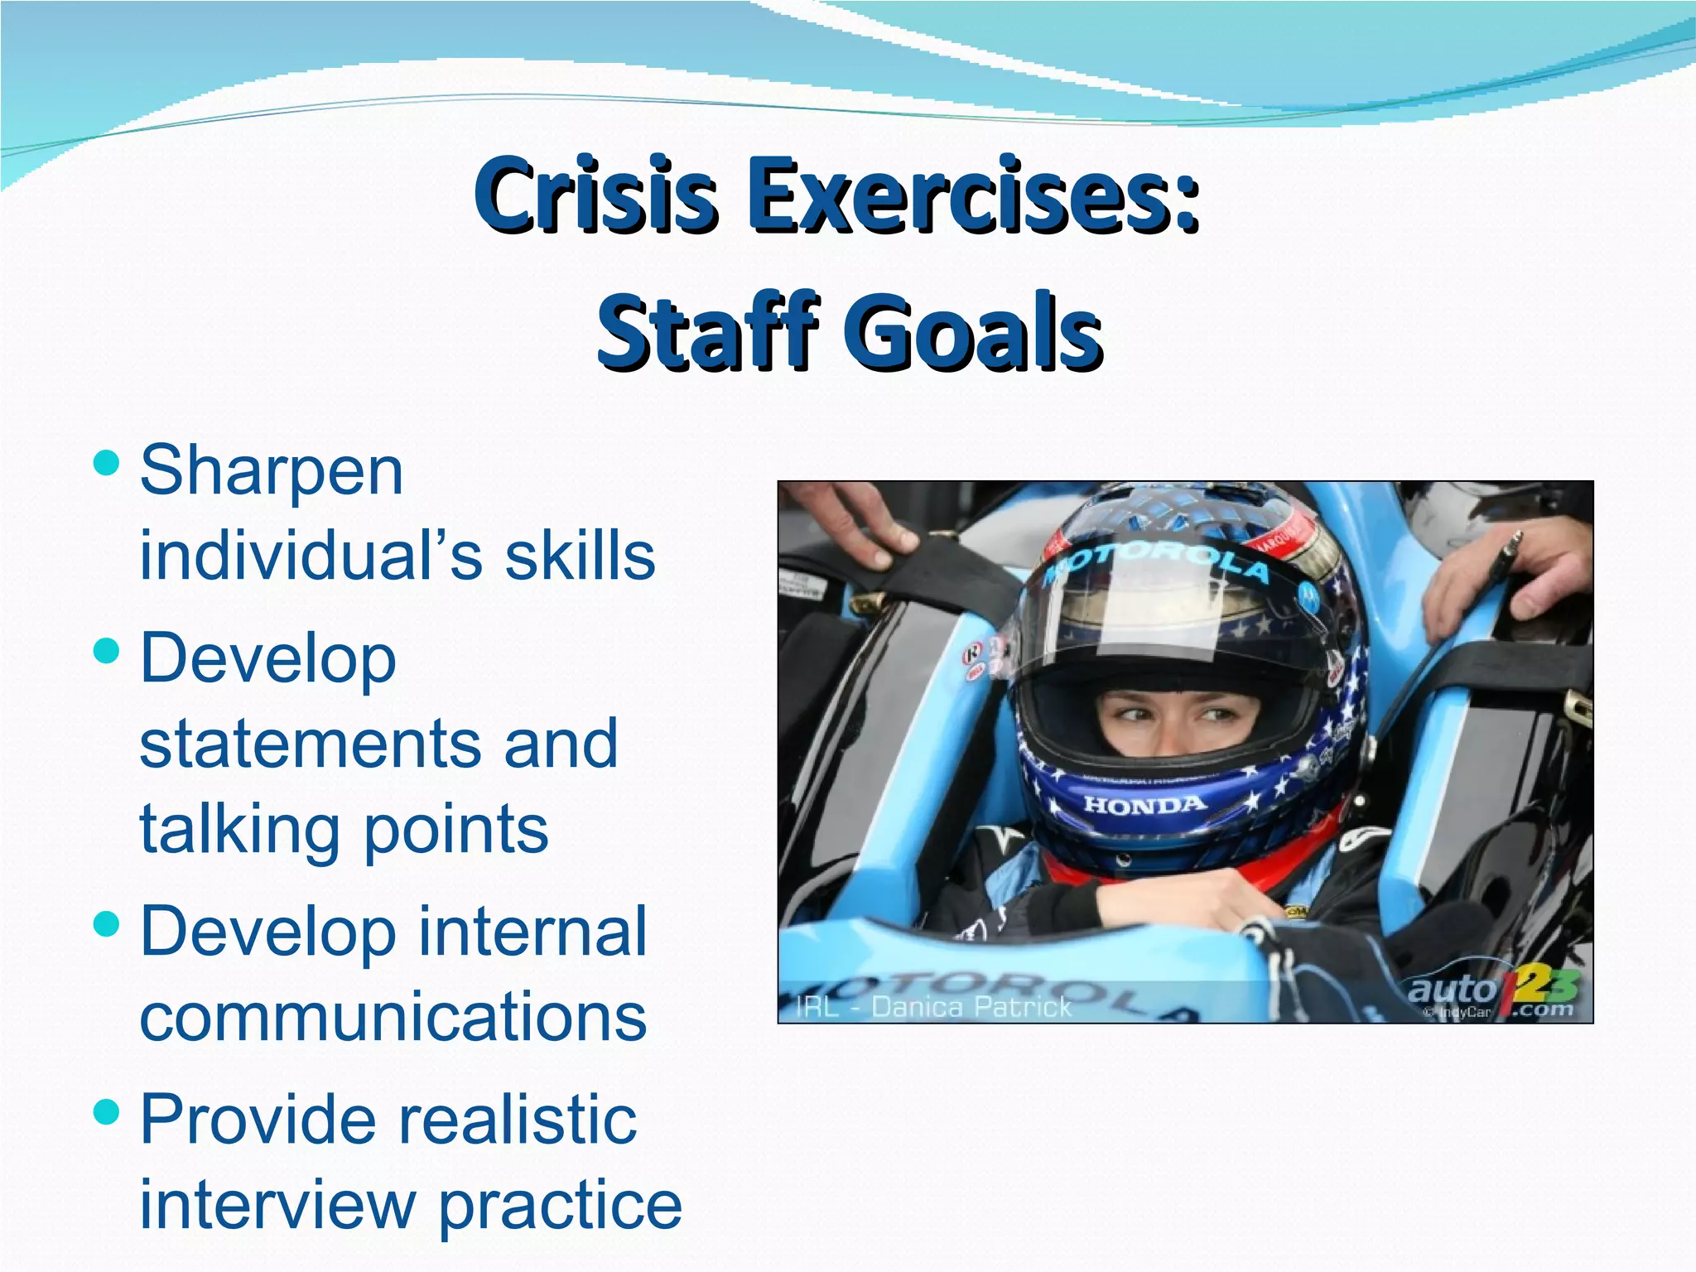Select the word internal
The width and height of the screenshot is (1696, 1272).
point(532,932)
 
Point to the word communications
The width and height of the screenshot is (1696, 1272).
point(393,1017)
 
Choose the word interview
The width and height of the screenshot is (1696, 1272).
point(277,1205)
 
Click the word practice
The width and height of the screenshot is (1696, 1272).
point(560,1207)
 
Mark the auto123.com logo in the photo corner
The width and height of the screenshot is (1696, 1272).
point(1491,994)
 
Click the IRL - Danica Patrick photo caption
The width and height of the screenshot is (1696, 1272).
point(933,1007)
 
